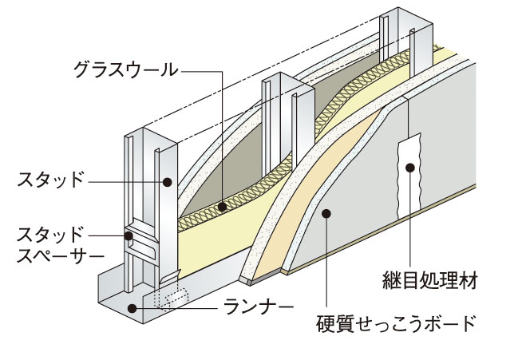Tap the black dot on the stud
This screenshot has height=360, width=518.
(168, 182)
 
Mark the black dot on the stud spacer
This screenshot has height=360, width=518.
(128, 235)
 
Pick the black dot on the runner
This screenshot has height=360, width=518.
(131, 306)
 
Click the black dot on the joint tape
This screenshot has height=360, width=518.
(410, 167)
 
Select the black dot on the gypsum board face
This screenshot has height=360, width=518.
(326, 213)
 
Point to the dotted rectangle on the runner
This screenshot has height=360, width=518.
(172, 299)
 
